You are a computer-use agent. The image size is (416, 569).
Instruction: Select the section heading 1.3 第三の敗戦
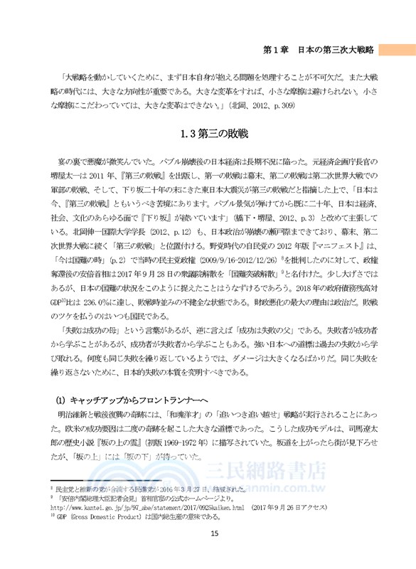[x=207, y=133]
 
